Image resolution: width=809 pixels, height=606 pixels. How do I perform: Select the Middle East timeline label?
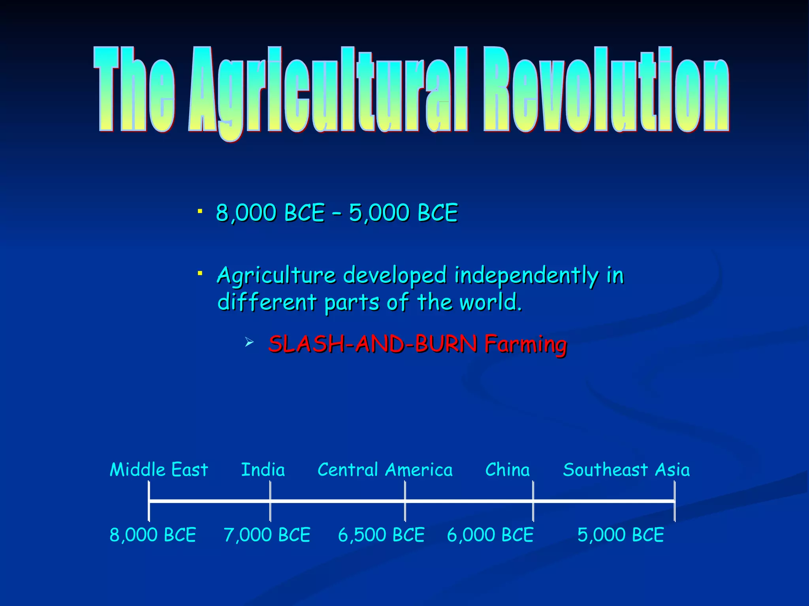159,470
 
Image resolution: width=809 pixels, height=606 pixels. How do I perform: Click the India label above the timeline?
263,470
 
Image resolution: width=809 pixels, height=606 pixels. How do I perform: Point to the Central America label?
385,470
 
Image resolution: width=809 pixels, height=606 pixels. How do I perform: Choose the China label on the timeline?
508,470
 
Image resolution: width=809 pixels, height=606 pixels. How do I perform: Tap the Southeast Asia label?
627,470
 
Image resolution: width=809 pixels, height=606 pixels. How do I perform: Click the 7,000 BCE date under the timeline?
267,535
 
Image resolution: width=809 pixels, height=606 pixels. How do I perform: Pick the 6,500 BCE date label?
381,535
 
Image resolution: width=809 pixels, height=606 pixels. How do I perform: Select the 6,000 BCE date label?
490,535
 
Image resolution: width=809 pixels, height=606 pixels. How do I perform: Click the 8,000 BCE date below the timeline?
153,535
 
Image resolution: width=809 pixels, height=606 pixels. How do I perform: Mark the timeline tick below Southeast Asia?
675,501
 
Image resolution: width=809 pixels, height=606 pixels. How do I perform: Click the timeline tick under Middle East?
149,501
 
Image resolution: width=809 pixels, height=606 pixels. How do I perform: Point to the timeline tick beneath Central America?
405,501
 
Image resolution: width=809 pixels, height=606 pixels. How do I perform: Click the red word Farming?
526,344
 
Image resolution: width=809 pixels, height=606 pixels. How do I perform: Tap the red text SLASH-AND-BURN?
373,344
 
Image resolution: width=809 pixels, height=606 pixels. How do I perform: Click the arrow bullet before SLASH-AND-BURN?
249,342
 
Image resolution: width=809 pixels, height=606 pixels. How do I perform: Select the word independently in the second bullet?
527,275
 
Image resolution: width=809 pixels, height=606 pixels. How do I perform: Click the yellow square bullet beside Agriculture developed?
200,273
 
